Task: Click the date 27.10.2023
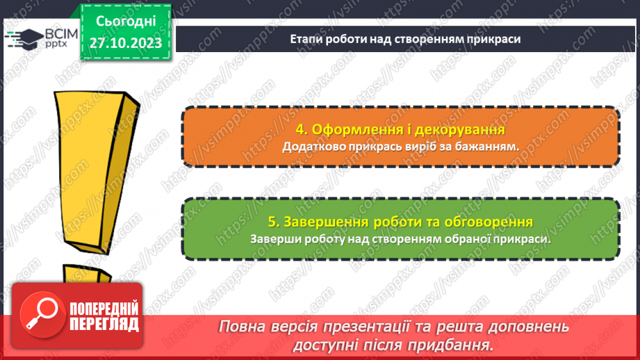coord(126,43)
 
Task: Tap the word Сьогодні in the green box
coord(126,22)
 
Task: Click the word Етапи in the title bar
coord(306,39)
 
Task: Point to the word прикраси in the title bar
coord(490,39)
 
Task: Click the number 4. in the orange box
coord(302,130)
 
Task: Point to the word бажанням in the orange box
coord(487,147)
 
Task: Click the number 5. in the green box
coord(273,222)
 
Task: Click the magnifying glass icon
coord(40,316)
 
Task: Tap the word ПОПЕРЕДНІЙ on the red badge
coord(103,309)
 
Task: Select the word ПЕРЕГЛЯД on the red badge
coord(103,324)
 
